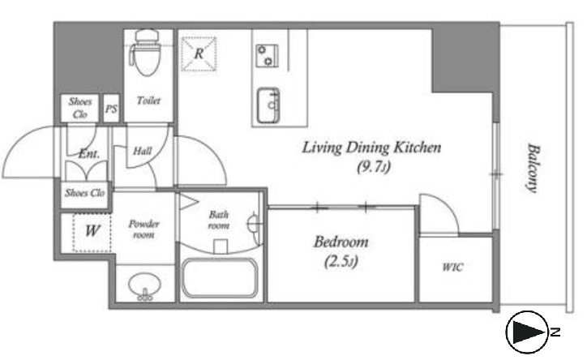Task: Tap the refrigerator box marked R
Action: [199, 54]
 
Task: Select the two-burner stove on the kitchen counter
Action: [267, 56]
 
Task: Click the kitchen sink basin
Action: [268, 105]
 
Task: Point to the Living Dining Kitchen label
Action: [371, 148]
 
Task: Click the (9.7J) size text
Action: [374, 166]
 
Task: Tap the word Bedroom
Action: [341, 242]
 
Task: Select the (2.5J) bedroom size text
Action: [341, 261]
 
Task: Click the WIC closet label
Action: [452, 268]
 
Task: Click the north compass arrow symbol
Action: [527, 332]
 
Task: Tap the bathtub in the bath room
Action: [220, 278]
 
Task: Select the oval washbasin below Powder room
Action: [145, 286]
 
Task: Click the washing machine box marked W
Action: [92, 233]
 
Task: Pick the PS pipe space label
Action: [111, 109]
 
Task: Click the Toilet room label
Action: [148, 101]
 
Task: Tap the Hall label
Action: [143, 151]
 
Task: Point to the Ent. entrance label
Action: [89, 154]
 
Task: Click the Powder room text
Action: [144, 229]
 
